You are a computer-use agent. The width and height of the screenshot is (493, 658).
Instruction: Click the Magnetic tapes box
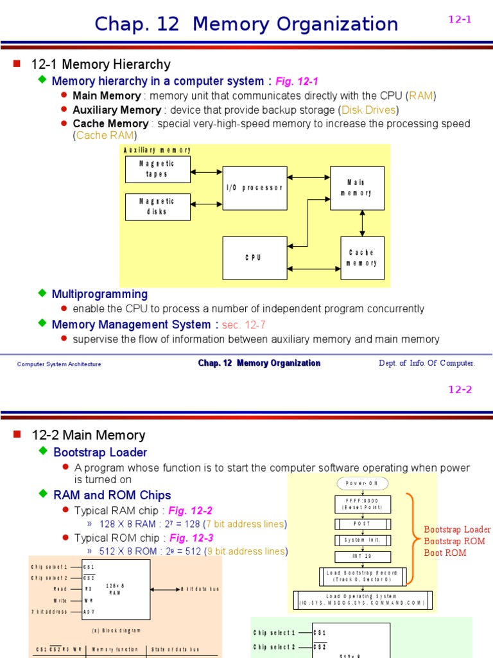pyautogui.click(x=157, y=169)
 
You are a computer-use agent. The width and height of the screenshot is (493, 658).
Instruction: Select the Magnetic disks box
pyautogui.click(x=157, y=206)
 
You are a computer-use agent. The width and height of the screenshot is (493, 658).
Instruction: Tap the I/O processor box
pyautogui.click(x=254, y=188)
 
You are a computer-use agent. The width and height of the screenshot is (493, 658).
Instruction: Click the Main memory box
pyautogui.click(x=357, y=188)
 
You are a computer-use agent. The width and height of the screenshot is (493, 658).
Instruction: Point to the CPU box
pyautogui.click(x=254, y=258)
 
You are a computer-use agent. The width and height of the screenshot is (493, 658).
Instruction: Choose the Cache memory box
pyautogui.click(x=362, y=258)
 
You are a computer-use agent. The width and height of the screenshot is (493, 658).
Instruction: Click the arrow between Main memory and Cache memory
pyautogui.click(x=363, y=223)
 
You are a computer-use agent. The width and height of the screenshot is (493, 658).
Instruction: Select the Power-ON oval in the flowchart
pyautogui.click(x=362, y=483)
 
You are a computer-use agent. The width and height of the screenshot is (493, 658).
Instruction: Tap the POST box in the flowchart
pyautogui.click(x=362, y=524)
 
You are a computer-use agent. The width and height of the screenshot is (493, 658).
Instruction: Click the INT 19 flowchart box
pyautogui.click(x=362, y=557)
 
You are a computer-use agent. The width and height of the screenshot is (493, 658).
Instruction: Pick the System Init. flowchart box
pyautogui.click(x=362, y=540)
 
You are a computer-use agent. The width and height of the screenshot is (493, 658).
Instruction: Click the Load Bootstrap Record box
pyautogui.click(x=362, y=576)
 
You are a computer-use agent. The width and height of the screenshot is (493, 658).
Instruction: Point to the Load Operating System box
pyautogui.click(x=363, y=600)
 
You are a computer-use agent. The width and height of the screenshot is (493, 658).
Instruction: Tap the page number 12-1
pyautogui.click(x=460, y=19)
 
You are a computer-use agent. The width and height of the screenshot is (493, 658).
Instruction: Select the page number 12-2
pyautogui.click(x=460, y=389)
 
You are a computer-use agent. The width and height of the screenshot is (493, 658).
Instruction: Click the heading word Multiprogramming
pyautogui.click(x=99, y=294)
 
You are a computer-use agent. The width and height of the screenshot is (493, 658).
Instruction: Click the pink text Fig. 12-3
pyautogui.click(x=191, y=537)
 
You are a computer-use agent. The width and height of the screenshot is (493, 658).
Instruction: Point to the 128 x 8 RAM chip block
pyautogui.click(x=116, y=589)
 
